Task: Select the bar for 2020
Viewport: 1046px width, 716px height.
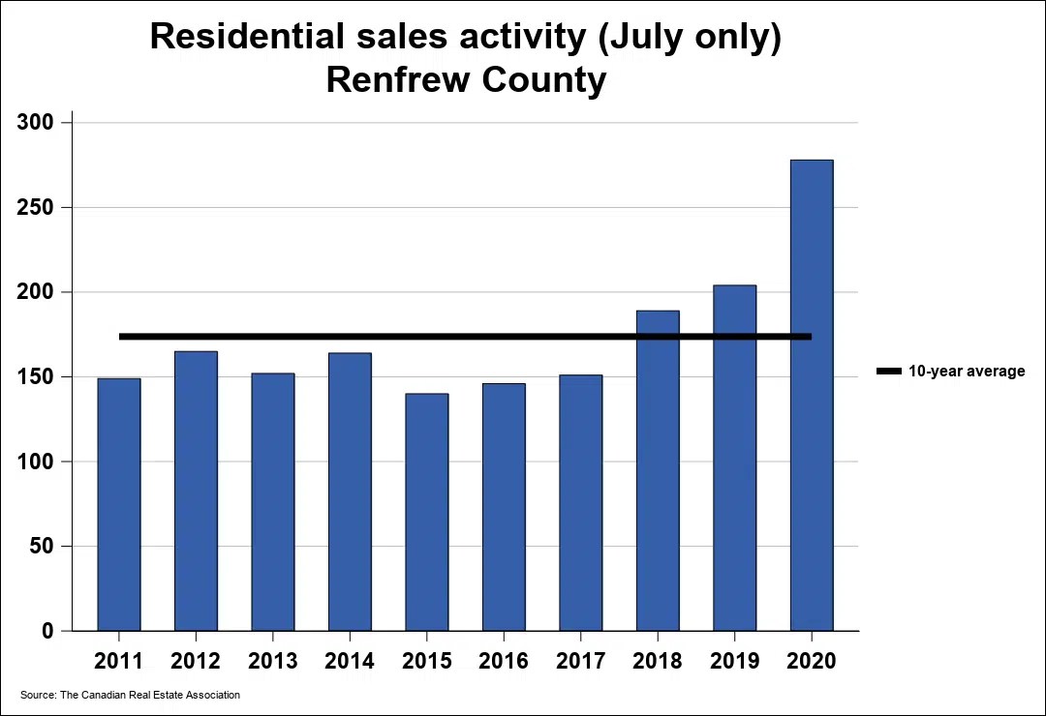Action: tap(811, 396)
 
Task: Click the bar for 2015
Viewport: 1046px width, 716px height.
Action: tap(427, 512)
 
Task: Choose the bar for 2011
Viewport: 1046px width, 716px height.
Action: tap(119, 504)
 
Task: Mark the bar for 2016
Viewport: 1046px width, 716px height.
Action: tap(504, 507)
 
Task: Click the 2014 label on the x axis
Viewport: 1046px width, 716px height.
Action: tap(350, 661)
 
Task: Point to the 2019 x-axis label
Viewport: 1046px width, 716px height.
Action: tap(734, 661)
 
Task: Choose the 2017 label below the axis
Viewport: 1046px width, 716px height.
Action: tap(580, 661)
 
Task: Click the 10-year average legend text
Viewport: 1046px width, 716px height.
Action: tap(966, 372)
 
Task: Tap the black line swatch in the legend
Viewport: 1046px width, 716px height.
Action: tap(888, 372)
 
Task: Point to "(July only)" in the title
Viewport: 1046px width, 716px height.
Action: tap(683, 37)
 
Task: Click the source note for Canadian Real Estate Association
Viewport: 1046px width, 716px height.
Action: tap(131, 695)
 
